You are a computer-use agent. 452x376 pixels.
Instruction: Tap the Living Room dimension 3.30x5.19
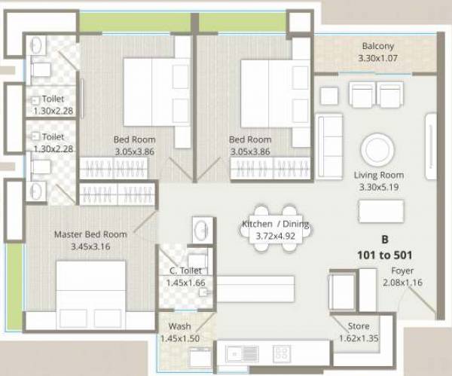[x=379, y=186]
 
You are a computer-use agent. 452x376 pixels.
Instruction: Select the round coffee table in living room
[x=379, y=149]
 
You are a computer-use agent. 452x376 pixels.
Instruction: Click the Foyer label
[x=402, y=271]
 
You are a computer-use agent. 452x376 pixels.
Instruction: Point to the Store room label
[x=358, y=326]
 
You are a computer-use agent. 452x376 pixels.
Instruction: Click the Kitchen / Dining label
[x=275, y=225]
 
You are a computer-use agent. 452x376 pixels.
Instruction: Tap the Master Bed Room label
[x=90, y=234]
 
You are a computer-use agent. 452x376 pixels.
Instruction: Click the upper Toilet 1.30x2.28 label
[x=53, y=99]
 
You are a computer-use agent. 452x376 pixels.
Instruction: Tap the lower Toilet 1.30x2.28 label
[x=53, y=137]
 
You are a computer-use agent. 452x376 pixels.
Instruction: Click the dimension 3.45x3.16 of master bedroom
[x=90, y=246]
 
